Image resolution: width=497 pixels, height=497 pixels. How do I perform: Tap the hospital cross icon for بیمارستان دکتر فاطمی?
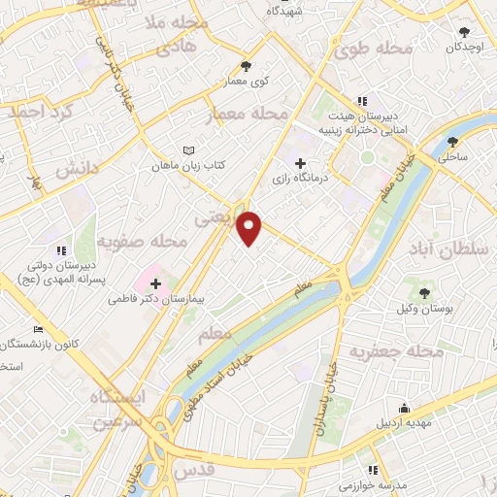[155, 282]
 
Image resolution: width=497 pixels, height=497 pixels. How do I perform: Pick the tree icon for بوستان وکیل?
[423, 292]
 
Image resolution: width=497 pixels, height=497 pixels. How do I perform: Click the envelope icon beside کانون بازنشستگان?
[38, 330]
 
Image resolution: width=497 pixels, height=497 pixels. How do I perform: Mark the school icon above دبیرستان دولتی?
[62, 250]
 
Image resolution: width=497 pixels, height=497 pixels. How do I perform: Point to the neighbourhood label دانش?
[78, 169]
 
